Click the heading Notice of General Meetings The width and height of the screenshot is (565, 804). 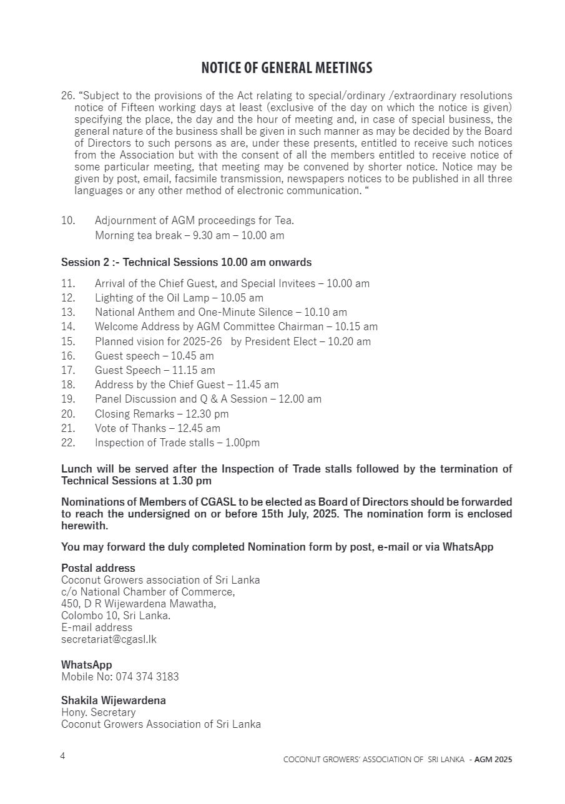pyautogui.click(x=287, y=67)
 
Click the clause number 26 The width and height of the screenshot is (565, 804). pyautogui.click(x=67, y=96)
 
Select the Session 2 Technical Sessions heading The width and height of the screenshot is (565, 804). pyautogui.click(x=186, y=262)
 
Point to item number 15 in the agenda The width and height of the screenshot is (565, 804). pyautogui.click(x=68, y=341)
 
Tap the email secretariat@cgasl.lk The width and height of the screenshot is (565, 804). pyautogui.click(x=109, y=639)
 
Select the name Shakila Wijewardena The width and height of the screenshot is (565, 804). pyautogui.click(x=113, y=700)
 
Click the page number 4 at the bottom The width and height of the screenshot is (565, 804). pyautogui.click(x=62, y=756)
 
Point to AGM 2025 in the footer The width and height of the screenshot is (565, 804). pyautogui.click(x=493, y=760)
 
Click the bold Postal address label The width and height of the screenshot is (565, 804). pyautogui.click(x=98, y=568)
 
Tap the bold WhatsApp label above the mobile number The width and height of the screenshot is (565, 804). pyautogui.click(x=86, y=665)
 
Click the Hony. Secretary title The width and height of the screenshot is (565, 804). pyautogui.click(x=98, y=712)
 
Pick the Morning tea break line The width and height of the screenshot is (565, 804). pyautogui.click(x=189, y=235)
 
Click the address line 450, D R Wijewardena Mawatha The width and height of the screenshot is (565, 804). pyautogui.click(x=138, y=604)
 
